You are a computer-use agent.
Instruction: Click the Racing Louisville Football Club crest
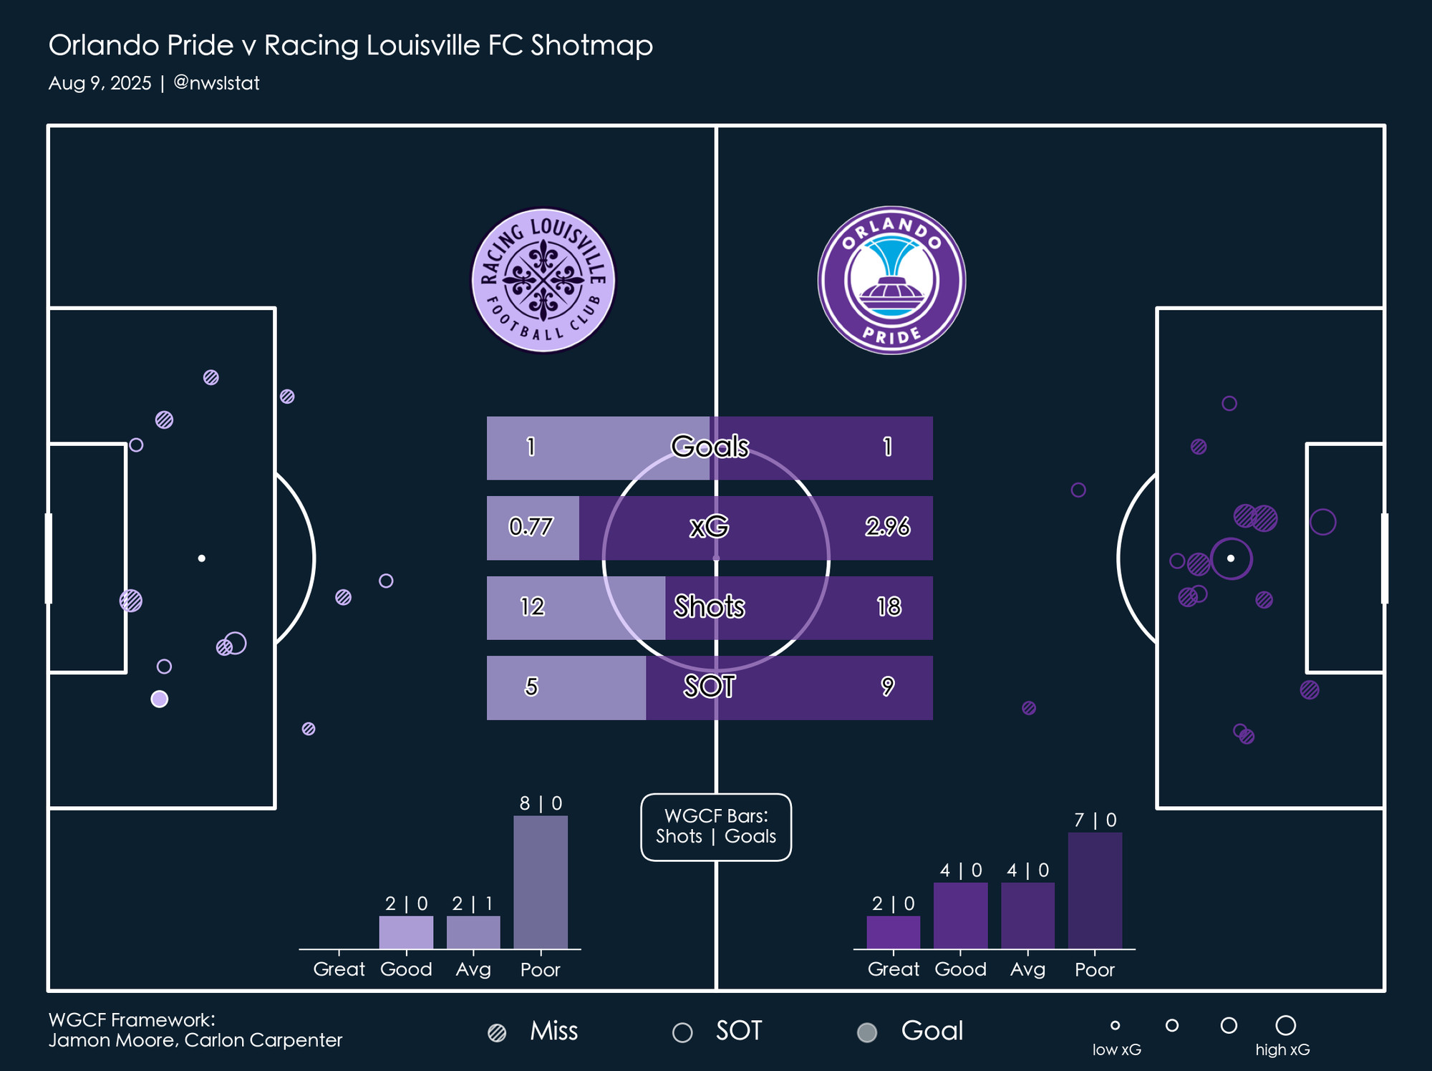(543, 281)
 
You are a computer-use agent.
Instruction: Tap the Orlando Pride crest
(891, 281)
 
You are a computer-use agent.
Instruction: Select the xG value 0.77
(531, 528)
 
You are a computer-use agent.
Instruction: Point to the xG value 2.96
(887, 528)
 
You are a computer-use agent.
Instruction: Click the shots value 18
(889, 607)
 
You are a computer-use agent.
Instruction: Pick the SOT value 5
(531, 687)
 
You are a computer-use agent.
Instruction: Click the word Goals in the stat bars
(710, 447)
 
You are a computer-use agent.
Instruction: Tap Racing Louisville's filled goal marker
(160, 699)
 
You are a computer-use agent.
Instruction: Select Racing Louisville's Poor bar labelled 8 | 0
(541, 882)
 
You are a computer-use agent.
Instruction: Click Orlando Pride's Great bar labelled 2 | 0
(893, 932)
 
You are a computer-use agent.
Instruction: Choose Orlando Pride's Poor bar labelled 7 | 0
(1095, 891)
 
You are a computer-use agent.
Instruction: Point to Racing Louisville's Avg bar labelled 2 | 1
(473, 932)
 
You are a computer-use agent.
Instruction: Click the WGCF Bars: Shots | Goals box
(716, 827)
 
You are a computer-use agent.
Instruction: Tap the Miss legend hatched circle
(497, 1032)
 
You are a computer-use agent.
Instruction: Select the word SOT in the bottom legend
(739, 1031)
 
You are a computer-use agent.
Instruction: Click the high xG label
(1282, 1050)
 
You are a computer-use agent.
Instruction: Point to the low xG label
(1116, 1050)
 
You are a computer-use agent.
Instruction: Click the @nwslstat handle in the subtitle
(216, 83)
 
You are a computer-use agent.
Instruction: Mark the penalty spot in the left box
(202, 558)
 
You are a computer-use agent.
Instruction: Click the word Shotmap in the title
(591, 46)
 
